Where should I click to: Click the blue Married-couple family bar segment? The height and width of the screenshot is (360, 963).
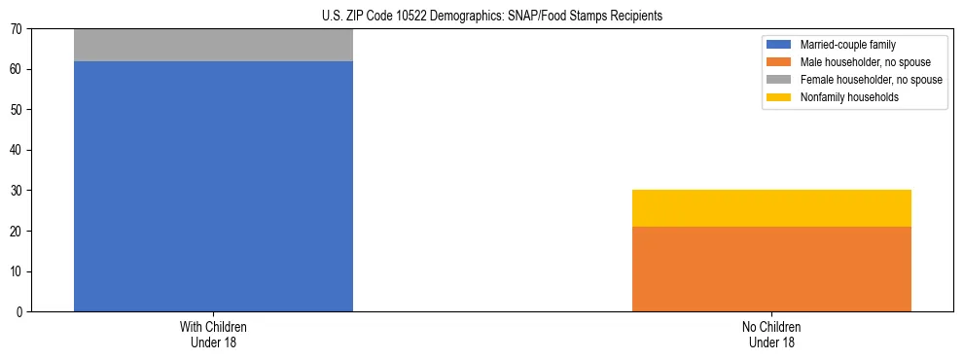click(x=213, y=186)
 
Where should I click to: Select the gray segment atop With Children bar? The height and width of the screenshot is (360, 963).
click(x=213, y=45)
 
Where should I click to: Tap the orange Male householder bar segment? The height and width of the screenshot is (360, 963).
click(x=771, y=269)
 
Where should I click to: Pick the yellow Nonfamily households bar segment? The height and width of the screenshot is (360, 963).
click(x=771, y=208)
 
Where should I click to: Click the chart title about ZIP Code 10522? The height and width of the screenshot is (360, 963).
click(x=491, y=16)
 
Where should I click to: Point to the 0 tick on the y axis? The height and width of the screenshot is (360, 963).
click(x=20, y=312)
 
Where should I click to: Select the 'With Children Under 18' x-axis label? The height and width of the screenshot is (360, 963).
click(x=213, y=335)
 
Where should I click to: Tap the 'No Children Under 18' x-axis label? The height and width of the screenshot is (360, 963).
click(x=771, y=335)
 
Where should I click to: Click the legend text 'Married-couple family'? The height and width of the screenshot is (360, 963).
click(x=848, y=45)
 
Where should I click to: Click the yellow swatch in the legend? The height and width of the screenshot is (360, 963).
click(x=779, y=97)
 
